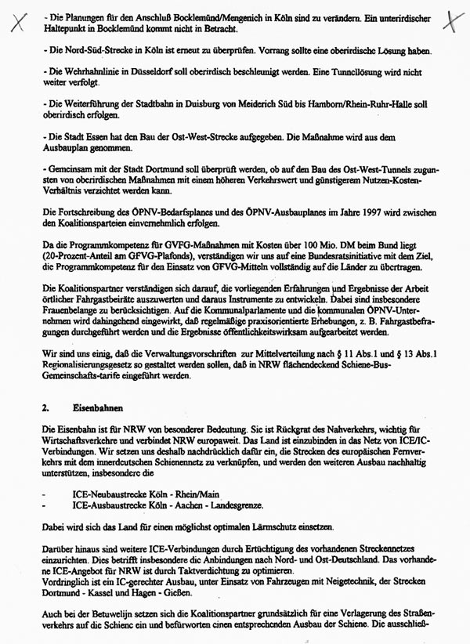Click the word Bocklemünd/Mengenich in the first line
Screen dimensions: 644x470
pyautogui.click(x=203, y=17)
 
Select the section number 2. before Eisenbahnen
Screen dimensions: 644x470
pyautogui.click(x=45, y=407)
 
